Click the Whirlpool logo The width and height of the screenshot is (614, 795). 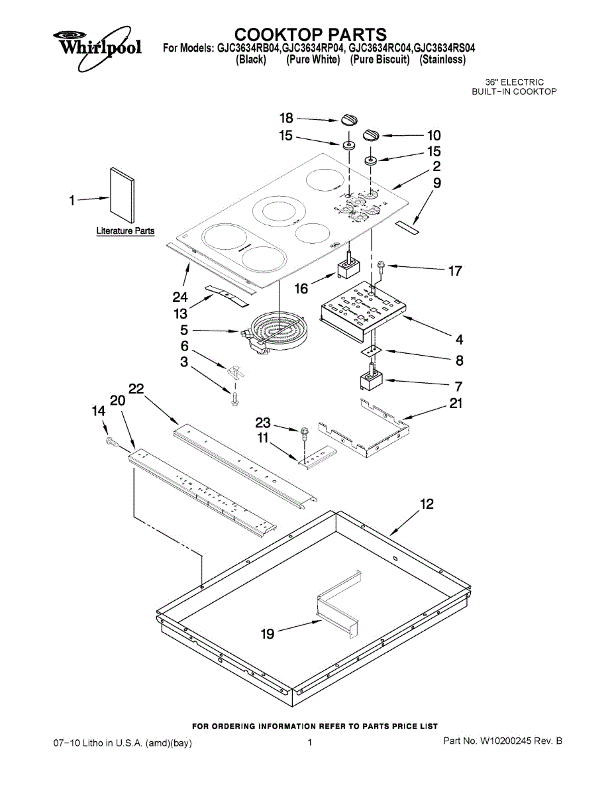click(97, 48)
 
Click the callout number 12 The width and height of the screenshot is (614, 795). click(427, 504)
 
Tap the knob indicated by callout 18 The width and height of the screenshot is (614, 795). click(349, 119)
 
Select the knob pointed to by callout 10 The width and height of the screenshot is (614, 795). click(372, 134)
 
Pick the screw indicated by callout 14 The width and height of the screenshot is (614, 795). click(111, 442)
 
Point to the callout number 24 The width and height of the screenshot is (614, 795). click(180, 297)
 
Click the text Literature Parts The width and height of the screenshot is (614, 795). click(125, 231)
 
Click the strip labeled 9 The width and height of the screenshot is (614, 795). click(407, 227)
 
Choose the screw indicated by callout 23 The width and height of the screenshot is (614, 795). click(303, 433)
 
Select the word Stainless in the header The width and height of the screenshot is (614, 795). click(442, 60)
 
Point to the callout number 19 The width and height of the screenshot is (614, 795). click(268, 633)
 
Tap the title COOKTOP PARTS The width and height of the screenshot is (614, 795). click(310, 34)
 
